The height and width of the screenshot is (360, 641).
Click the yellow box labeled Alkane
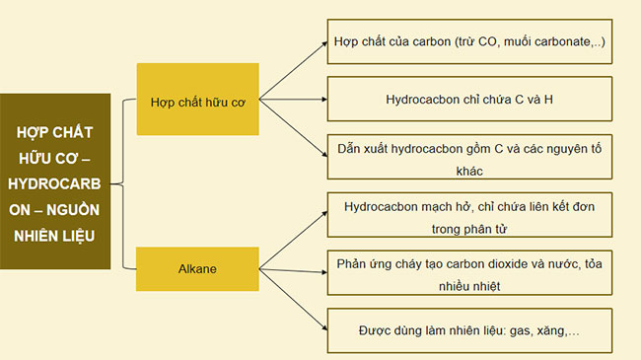[197, 268]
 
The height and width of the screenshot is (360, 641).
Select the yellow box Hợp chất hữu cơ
[197, 101]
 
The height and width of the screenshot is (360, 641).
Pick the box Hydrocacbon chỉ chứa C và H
[468, 101]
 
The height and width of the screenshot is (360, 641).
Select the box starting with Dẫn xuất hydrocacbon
[468, 156]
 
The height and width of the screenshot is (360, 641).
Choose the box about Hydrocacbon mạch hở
[468, 217]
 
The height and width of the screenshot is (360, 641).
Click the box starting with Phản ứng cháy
[468, 274]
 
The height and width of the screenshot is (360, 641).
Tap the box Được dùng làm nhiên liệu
[468, 330]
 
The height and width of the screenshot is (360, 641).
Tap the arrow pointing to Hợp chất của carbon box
[292, 72]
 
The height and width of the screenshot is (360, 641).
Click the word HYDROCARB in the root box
[55, 183]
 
